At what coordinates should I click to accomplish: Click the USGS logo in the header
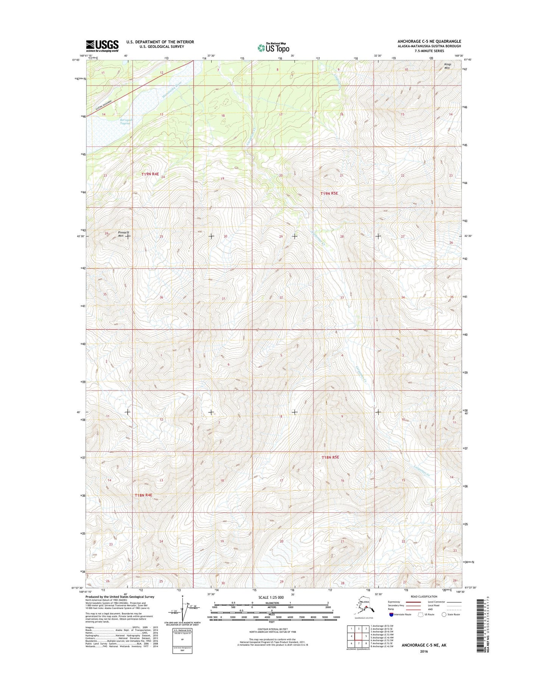[102, 46]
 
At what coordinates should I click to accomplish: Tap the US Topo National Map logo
[273, 47]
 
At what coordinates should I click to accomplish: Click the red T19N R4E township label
[150, 174]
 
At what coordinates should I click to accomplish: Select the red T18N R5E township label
[330, 457]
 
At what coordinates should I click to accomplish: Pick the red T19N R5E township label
[329, 193]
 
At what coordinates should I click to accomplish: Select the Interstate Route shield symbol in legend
[391, 615]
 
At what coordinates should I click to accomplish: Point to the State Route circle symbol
[444, 615]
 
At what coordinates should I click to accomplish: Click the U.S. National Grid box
[182, 639]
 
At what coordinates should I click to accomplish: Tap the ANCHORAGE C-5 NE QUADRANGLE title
[429, 41]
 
